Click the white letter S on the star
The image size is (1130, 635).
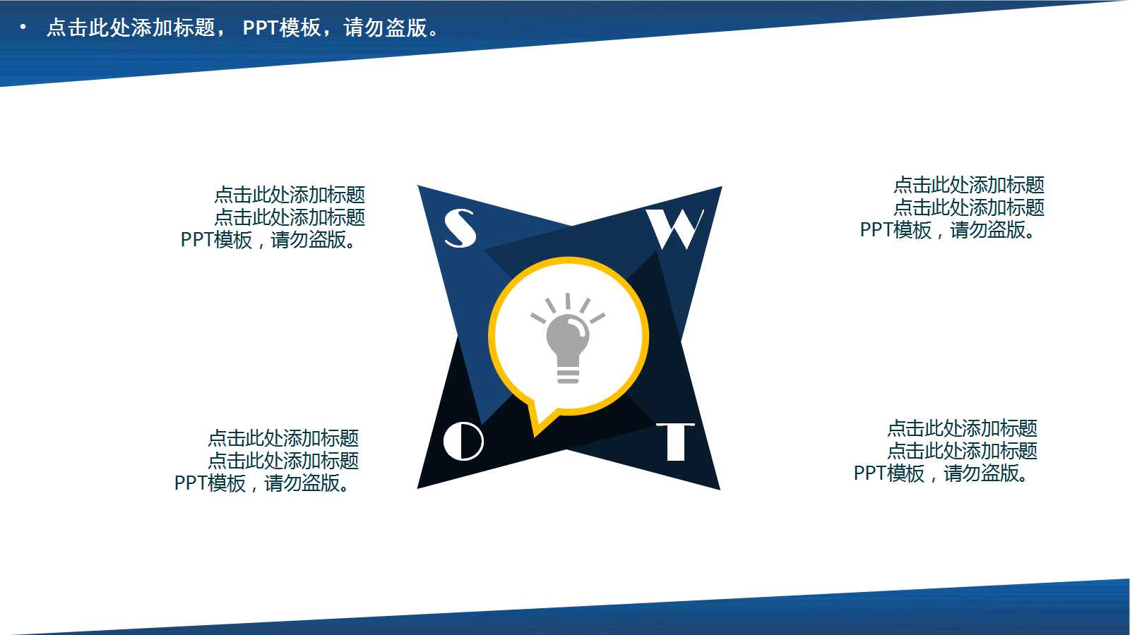460,228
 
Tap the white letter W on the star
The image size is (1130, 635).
675,229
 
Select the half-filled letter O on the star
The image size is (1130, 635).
463,441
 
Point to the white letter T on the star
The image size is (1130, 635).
675,442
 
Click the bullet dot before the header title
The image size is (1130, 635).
23,28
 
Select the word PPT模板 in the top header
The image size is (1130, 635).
282,28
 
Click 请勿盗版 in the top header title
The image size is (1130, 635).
386,28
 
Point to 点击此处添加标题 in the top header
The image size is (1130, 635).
131,28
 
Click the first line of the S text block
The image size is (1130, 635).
290,195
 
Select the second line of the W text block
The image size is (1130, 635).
968,207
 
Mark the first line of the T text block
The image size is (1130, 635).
962,428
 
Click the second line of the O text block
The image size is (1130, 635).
283,461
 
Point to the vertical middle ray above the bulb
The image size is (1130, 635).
567,302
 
